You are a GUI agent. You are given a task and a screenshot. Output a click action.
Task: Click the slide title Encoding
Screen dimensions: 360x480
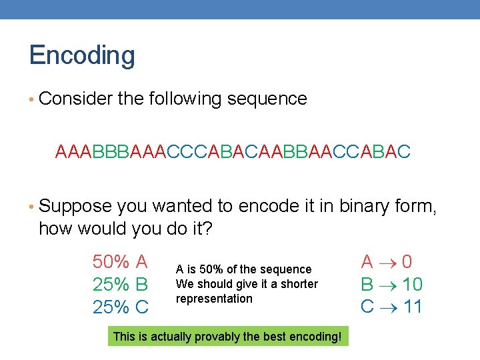click(82, 55)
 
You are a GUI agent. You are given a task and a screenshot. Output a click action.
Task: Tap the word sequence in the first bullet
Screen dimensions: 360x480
click(267, 99)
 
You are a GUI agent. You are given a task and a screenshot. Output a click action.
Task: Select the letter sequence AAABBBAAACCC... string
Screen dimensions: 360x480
click(233, 153)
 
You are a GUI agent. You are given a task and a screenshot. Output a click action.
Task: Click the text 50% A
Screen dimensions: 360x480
click(120, 261)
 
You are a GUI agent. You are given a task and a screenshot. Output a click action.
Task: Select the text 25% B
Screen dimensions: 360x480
click(120, 284)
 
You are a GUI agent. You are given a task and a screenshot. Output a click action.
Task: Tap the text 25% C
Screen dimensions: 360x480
click(120, 307)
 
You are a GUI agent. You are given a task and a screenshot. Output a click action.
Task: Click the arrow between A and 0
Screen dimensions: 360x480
click(388, 261)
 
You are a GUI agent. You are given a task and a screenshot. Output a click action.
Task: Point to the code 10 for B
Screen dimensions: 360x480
click(412, 285)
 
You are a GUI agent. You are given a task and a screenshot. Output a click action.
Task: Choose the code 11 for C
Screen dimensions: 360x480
click(412, 307)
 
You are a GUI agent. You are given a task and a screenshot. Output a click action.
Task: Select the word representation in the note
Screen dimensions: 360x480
click(214, 299)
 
